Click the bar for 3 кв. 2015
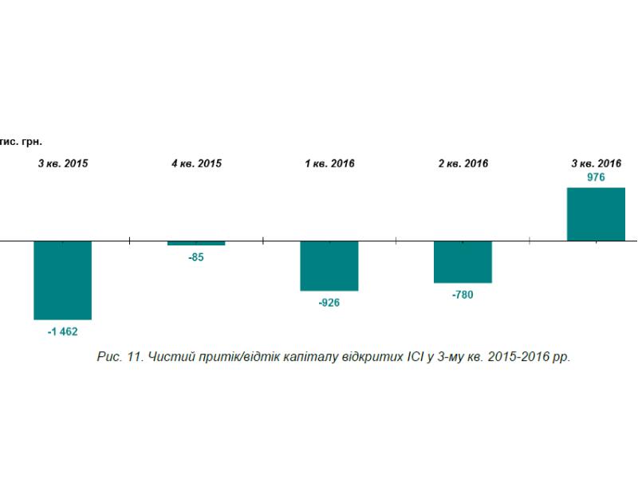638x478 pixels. (x=63, y=280)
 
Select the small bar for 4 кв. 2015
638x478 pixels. (x=196, y=243)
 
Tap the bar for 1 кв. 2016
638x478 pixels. (x=329, y=266)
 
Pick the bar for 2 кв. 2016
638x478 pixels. (x=463, y=262)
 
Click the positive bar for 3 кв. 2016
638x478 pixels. (x=596, y=214)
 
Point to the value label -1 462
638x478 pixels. (x=63, y=331)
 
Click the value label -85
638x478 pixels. (x=196, y=257)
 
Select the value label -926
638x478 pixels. (x=329, y=303)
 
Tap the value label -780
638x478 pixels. (x=463, y=295)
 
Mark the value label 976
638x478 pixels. (x=596, y=177)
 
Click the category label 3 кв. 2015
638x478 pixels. (x=63, y=163)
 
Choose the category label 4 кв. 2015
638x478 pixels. (x=196, y=163)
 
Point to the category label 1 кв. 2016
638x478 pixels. (x=330, y=163)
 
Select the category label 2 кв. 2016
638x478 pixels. (x=463, y=163)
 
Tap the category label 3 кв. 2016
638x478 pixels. (x=597, y=163)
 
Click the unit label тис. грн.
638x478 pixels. (x=21, y=142)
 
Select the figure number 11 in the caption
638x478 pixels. (x=134, y=356)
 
